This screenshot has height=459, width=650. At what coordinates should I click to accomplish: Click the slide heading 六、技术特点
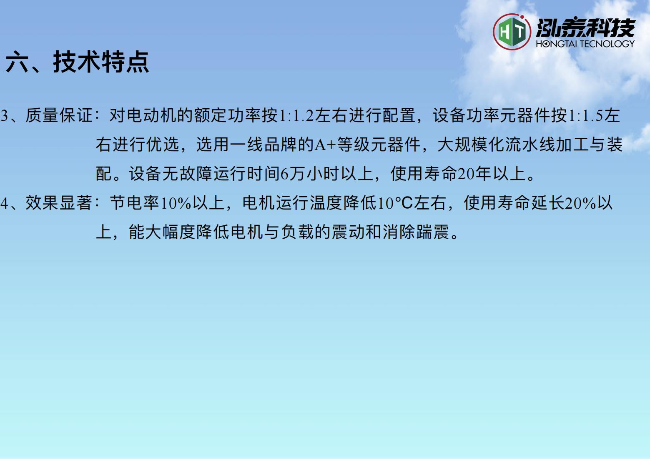(x=77, y=62)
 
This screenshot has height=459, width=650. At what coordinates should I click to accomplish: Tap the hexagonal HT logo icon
(x=512, y=32)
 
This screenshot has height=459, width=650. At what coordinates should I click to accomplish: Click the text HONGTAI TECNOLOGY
(x=585, y=44)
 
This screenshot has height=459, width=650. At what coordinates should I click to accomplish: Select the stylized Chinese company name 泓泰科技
(x=585, y=28)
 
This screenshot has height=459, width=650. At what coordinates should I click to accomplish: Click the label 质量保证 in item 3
(x=59, y=115)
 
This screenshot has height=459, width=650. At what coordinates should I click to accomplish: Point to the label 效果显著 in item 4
(x=59, y=202)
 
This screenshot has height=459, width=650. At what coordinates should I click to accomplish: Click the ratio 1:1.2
(x=296, y=115)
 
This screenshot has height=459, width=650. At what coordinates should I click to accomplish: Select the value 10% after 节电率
(x=176, y=203)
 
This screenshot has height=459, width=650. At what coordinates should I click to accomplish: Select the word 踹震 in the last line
(x=432, y=232)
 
